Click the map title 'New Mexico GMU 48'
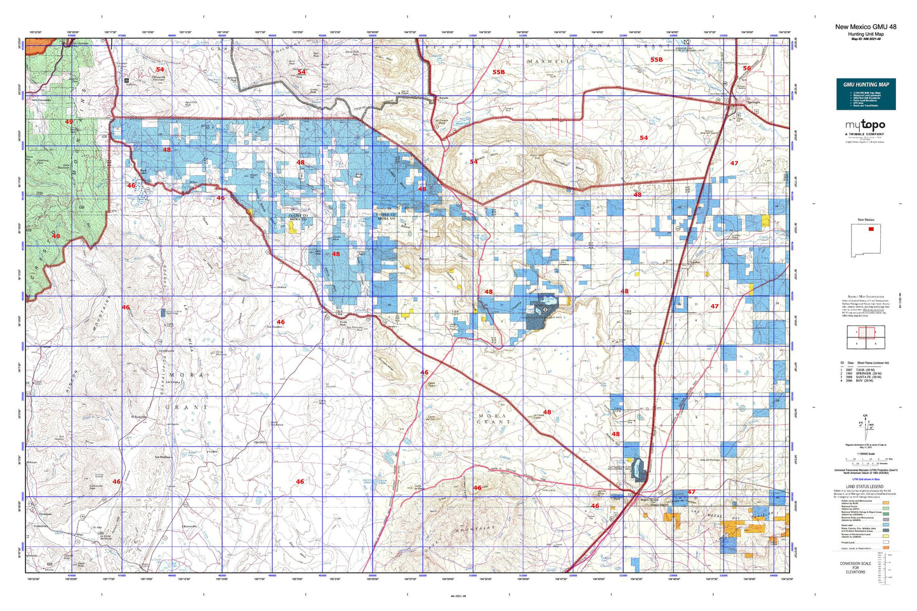point(866,27)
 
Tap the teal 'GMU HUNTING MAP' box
point(866,94)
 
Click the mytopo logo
point(864,126)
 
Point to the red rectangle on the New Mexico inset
point(871,229)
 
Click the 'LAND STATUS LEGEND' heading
point(864,487)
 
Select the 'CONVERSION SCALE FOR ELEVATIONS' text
point(855,567)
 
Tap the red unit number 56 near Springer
point(746,68)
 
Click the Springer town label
point(753,102)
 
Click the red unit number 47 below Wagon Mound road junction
point(691,492)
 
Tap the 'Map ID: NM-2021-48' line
point(866,39)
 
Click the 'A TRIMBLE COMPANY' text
point(864,135)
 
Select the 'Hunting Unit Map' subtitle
point(866,34)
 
